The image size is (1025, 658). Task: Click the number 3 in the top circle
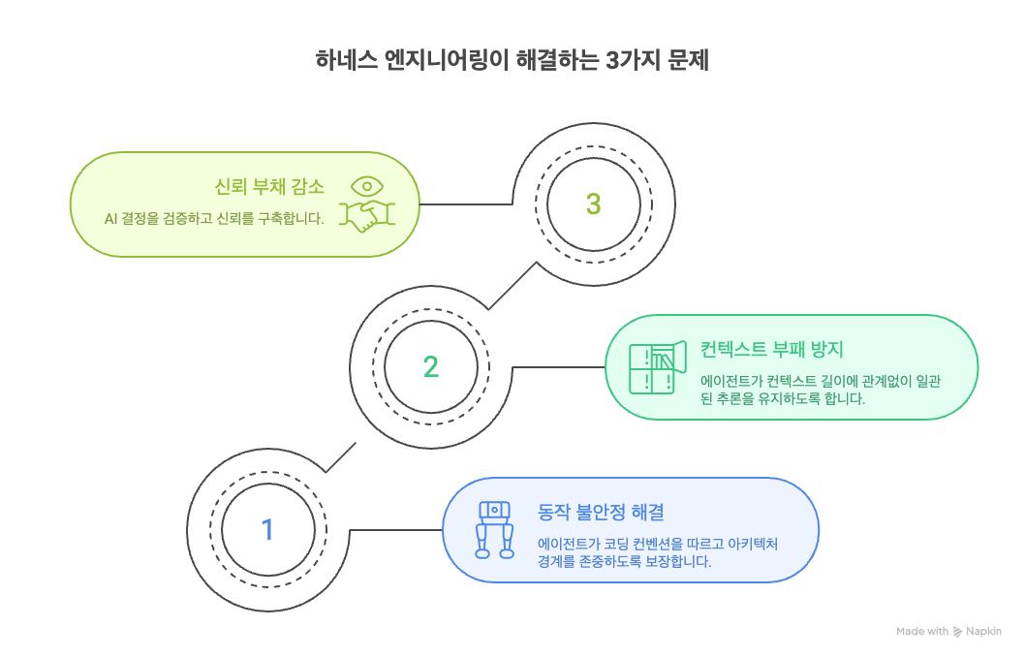pyautogui.click(x=594, y=204)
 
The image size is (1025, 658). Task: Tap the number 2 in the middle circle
pyautogui.click(x=431, y=366)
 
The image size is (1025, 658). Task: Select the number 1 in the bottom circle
pyautogui.click(x=267, y=530)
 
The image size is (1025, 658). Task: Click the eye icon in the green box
pyautogui.click(x=367, y=185)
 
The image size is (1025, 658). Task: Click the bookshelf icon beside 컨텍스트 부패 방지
pyautogui.click(x=652, y=367)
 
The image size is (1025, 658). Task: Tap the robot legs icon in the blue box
pyautogui.click(x=494, y=530)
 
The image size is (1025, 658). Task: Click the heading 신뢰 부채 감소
pyautogui.click(x=269, y=186)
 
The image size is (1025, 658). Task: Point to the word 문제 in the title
pyautogui.click(x=690, y=60)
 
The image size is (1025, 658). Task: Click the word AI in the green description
pyautogui.click(x=111, y=218)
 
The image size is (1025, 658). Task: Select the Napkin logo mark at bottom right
pyautogui.click(x=958, y=632)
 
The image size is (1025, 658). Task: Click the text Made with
pyautogui.click(x=922, y=632)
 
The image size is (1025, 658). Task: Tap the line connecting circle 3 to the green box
pyautogui.click(x=465, y=204)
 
